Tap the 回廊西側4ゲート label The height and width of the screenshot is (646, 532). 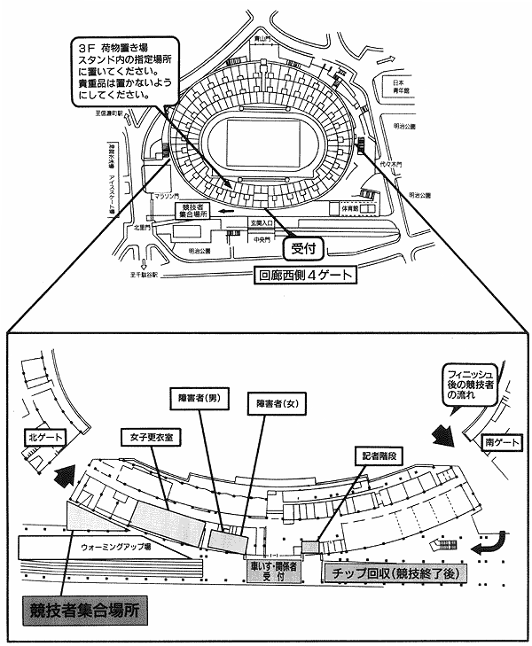click(304, 275)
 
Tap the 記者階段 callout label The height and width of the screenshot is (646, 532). click(379, 455)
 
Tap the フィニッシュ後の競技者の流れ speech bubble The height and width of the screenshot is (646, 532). click(477, 385)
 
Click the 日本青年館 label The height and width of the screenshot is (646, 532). click(399, 84)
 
